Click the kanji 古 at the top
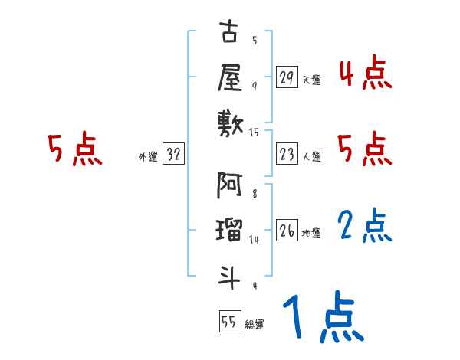pos(229,35)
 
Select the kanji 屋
pos(229,77)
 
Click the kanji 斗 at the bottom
pos(229,272)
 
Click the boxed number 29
pos(287,77)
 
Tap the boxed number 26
pos(287,231)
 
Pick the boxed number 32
pos(173,155)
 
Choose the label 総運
pos(255,324)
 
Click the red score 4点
pos(365,74)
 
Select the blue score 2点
pos(365,225)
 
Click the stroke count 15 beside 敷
pos(255,132)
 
